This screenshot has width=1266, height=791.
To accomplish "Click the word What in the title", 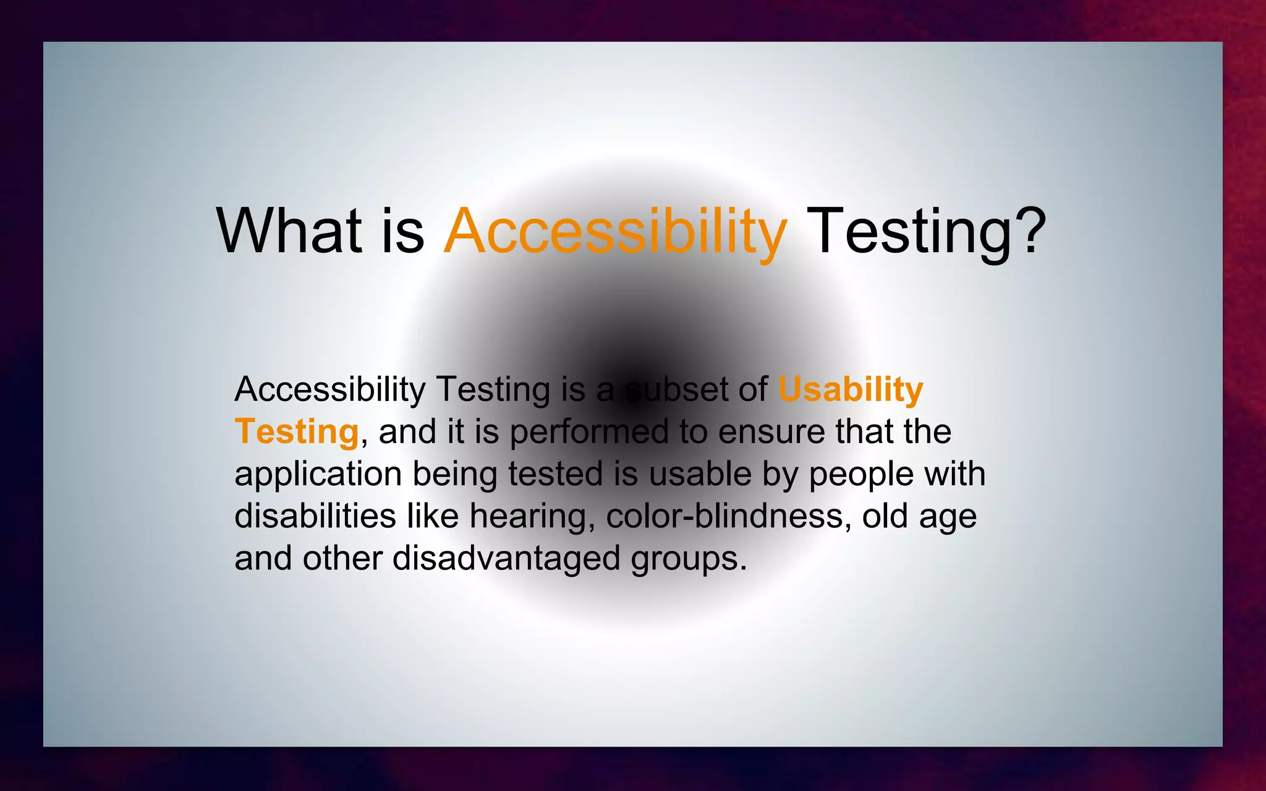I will pos(289,231).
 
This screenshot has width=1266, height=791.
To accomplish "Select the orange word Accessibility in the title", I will pos(615,231).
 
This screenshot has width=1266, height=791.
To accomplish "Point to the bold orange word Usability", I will pos(850,390).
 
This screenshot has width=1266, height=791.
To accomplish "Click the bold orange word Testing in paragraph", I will pos(297,431).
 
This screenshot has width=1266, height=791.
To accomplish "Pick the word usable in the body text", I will pos(700,474).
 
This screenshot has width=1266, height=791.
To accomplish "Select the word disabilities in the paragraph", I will pos(315,516).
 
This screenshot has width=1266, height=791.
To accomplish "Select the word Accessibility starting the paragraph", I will pos(329,390).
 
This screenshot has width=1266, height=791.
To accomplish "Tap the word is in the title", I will pos(402,231).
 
